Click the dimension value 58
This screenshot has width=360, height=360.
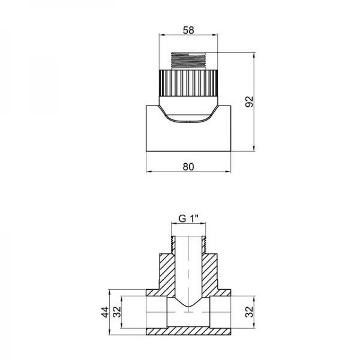pyautogui.click(x=188, y=28)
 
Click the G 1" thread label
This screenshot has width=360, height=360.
pyautogui.click(x=188, y=220)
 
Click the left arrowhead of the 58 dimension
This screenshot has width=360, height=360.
pyautogui.click(x=161, y=35)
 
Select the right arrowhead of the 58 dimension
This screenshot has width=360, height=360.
pyautogui.click(x=216, y=35)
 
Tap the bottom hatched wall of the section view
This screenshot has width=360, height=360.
pyautogui.click(x=188, y=331)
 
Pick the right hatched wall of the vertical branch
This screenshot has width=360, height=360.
pyautogui.click(x=211, y=270)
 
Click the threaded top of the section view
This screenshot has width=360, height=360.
pyautogui.click(x=188, y=242)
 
